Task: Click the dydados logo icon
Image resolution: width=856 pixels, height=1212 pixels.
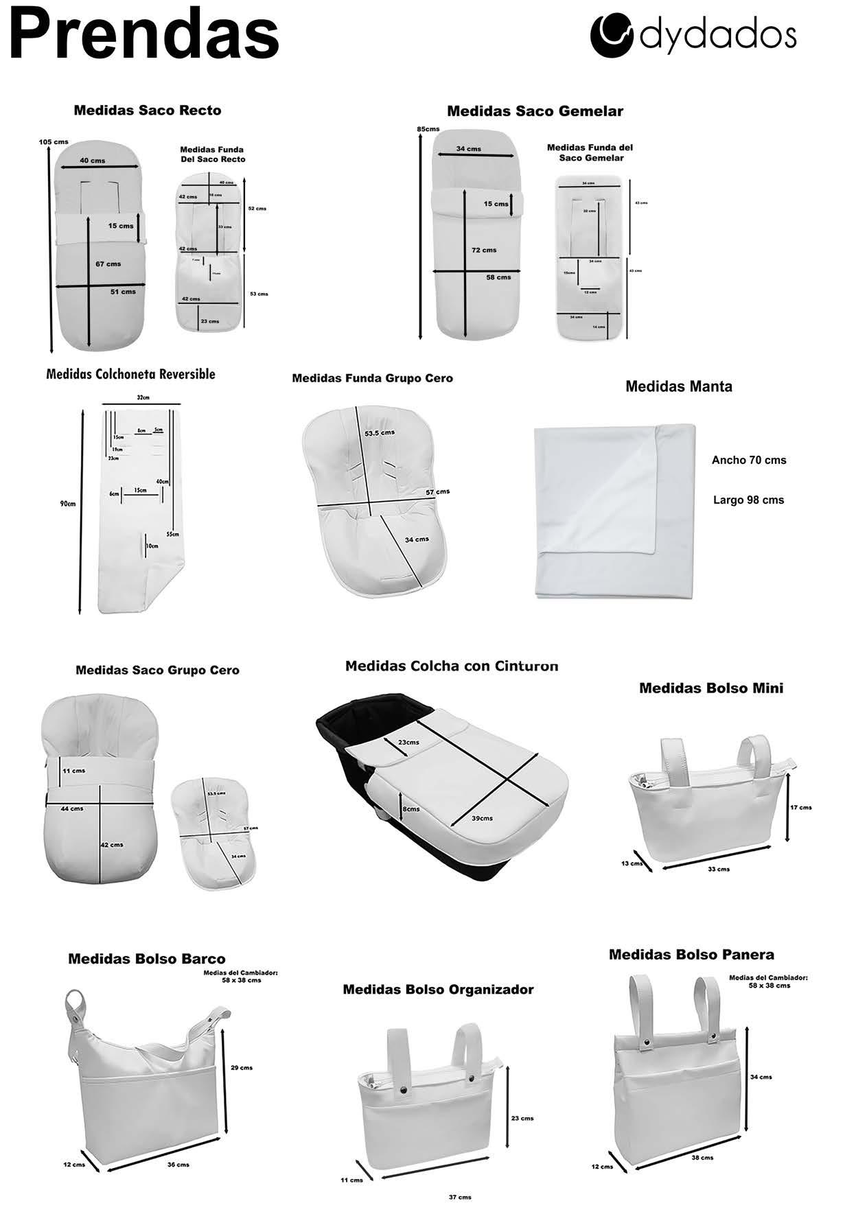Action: [x=611, y=35]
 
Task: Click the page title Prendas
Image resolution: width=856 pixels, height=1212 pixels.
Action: [x=144, y=34]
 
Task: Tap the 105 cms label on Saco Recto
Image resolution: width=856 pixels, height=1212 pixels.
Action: [x=54, y=142]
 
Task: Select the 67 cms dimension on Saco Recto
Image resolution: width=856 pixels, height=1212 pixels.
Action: [x=108, y=264]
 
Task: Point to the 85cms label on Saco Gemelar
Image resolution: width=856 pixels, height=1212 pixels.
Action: [x=428, y=129]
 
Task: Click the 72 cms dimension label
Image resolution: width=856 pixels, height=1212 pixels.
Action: [x=484, y=250]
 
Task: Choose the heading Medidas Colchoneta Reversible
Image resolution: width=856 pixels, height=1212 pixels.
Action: [x=130, y=374]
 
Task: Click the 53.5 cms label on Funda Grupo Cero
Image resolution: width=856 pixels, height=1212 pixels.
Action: [x=380, y=433]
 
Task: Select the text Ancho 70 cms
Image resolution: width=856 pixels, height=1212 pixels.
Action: [x=749, y=460]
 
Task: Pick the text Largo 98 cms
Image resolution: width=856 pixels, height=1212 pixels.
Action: [x=748, y=500]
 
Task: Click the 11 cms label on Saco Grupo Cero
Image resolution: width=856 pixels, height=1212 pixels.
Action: [x=73, y=771]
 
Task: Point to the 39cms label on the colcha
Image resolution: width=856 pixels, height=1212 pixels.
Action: [x=482, y=818]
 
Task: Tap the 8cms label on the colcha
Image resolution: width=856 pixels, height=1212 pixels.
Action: [x=411, y=809]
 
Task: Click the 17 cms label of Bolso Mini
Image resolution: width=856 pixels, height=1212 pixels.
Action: [x=800, y=807]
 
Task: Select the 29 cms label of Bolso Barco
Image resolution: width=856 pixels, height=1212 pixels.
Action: [x=242, y=1067]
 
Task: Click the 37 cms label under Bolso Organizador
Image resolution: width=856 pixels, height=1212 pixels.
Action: [x=460, y=1198]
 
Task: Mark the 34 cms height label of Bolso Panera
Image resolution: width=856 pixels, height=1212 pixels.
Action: [x=761, y=1077]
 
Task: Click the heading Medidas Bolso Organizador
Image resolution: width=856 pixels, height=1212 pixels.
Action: [x=438, y=989]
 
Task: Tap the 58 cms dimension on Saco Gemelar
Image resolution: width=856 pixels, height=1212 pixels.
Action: [x=498, y=277]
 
